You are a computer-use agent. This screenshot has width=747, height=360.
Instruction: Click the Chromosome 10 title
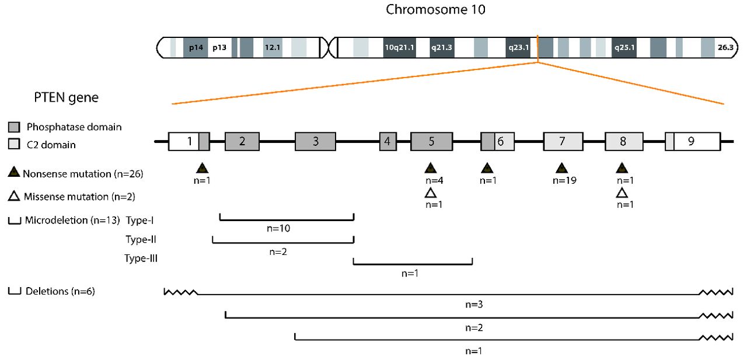point(435,10)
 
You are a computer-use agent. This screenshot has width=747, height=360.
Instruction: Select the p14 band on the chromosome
point(196,48)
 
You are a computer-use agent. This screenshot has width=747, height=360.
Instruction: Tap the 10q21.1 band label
point(399,48)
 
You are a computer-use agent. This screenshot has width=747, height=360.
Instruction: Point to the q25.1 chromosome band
point(624,48)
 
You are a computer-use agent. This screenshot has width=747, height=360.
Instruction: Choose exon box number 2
point(242,141)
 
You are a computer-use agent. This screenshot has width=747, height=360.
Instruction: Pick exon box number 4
point(388,141)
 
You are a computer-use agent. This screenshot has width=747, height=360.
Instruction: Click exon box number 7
point(563,141)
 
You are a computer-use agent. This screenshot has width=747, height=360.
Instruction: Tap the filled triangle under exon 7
point(561,169)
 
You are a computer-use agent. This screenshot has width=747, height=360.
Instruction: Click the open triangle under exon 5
point(431,193)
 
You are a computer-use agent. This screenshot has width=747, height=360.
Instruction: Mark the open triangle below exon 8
point(622,193)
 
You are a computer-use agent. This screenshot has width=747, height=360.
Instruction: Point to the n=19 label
point(564,181)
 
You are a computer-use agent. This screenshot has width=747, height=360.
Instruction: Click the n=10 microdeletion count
point(278,228)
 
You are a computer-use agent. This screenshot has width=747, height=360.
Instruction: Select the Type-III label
point(141,257)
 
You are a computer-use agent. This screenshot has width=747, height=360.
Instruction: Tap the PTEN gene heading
point(65,98)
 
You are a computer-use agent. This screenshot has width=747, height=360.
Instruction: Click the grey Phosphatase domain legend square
point(14,127)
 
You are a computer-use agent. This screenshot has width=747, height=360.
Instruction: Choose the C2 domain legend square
point(14,144)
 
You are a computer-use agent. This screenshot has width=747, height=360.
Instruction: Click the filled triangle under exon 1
point(202,169)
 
